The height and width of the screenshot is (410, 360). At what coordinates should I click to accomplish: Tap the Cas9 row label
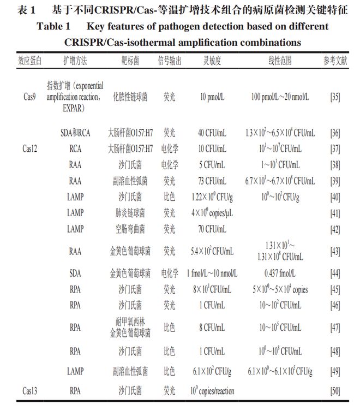30,97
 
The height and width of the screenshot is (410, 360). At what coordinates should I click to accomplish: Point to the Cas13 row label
31,390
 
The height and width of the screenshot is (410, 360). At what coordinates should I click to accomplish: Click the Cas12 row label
31,148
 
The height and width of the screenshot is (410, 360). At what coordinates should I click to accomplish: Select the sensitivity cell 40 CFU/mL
213,133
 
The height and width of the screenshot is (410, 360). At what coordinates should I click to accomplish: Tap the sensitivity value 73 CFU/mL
213,181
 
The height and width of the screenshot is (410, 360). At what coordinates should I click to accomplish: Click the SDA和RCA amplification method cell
75,133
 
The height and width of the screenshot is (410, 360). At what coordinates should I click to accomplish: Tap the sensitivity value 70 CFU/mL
213,229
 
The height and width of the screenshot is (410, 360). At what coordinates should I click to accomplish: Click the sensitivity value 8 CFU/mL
213,328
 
